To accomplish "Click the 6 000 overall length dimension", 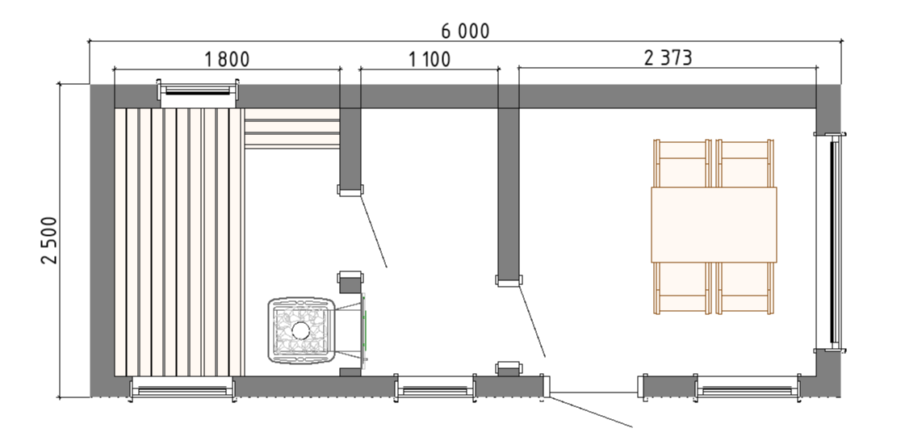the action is pos(465,31).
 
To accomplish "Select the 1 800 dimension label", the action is pos(227,59).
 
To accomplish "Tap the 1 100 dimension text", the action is pos(430,59).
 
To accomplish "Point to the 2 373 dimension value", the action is pos(668,58).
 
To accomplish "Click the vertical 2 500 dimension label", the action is pos(50,240).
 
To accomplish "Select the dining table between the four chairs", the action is pos(714,225).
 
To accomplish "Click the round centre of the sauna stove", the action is pos(300,330).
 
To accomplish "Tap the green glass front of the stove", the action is pos(364,330).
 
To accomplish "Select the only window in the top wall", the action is pos(199,93).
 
